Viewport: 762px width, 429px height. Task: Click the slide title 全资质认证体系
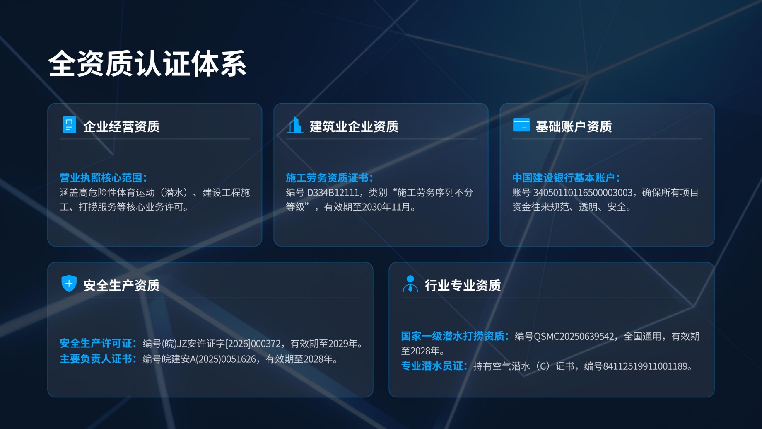tap(147, 64)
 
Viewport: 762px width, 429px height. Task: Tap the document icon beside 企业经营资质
tap(69, 125)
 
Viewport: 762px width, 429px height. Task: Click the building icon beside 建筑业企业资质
tap(295, 125)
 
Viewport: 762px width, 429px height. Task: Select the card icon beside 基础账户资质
tap(521, 125)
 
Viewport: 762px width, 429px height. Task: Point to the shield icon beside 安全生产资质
tap(69, 284)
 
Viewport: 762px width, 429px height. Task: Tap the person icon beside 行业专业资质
tap(410, 284)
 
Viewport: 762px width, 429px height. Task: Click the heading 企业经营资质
tap(121, 126)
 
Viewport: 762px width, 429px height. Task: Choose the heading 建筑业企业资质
tap(354, 126)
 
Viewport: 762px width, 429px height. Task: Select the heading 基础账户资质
tap(574, 126)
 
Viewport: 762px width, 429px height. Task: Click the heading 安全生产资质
tap(121, 285)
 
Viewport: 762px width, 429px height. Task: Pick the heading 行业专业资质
tap(463, 285)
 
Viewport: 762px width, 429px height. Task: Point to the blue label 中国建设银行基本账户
tap(564, 178)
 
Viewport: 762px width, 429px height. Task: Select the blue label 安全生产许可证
tap(96, 343)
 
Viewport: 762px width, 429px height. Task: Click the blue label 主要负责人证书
tap(96, 359)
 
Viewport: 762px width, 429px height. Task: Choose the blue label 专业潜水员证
tap(432, 366)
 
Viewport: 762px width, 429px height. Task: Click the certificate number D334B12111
tap(333, 193)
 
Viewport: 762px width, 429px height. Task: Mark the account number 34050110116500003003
tap(583, 193)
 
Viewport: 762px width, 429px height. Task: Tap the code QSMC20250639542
tap(574, 336)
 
